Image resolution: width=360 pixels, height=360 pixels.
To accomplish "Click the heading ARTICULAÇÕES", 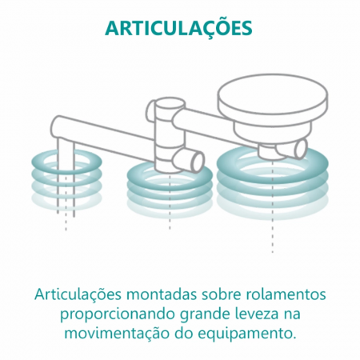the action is pyautogui.click(x=178, y=28).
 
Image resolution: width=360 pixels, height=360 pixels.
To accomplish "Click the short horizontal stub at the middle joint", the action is pyautogui.click(x=189, y=161).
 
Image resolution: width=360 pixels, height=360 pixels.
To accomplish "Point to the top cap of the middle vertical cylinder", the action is pyautogui.click(x=166, y=106).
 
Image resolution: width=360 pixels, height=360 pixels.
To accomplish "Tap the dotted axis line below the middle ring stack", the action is pyautogui.click(x=170, y=218).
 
